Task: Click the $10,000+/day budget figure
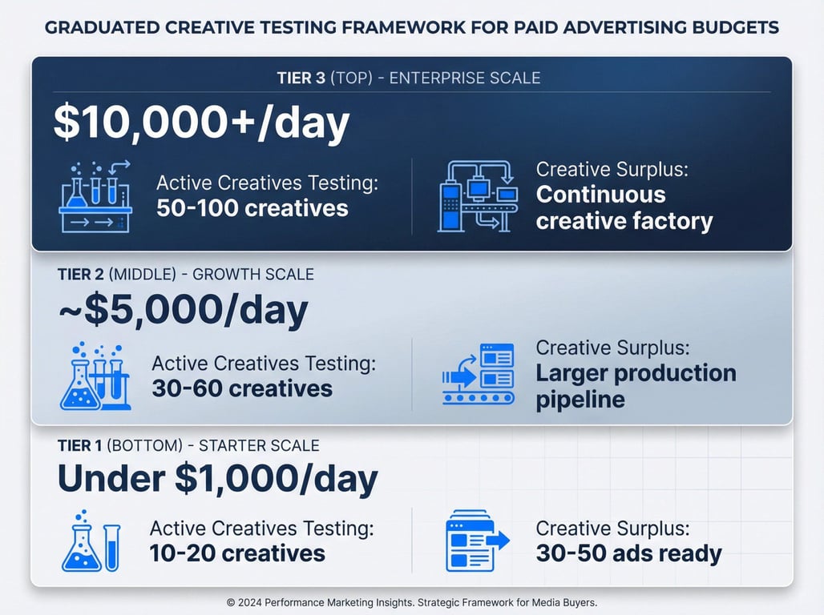(x=201, y=123)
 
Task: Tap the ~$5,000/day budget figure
(x=183, y=310)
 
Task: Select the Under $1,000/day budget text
(x=217, y=478)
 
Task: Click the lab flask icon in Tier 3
(x=95, y=196)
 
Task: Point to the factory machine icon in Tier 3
(x=478, y=196)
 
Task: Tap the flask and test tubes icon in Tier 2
(x=95, y=376)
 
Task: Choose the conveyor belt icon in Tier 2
(x=479, y=374)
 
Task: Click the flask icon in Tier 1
(x=91, y=541)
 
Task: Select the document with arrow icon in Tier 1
(x=477, y=541)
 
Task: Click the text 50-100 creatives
(x=252, y=208)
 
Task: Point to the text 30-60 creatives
(x=242, y=388)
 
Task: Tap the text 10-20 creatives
(x=237, y=553)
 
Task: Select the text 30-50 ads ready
(x=629, y=553)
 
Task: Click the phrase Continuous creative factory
(x=624, y=208)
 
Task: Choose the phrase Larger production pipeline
(x=636, y=386)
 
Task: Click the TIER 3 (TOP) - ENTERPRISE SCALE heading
(x=409, y=78)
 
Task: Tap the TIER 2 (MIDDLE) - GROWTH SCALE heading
(x=186, y=274)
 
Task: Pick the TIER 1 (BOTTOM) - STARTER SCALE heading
(x=188, y=446)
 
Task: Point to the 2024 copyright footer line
(x=412, y=602)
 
